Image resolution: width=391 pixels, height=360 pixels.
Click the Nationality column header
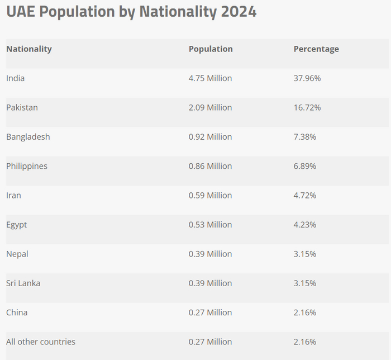[x=29, y=49]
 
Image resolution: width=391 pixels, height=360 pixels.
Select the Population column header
[x=211, y=49]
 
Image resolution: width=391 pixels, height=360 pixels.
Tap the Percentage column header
[x=316, y=49]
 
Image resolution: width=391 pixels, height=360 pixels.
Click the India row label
[x=16, y=78]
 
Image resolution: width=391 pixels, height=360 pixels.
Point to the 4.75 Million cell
[x=210, y=78]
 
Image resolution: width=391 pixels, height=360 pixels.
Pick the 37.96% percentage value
[x=307, y=78]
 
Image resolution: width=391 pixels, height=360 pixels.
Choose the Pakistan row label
[x=22, y=107]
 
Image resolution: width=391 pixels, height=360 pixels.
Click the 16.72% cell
[x=307, y=107]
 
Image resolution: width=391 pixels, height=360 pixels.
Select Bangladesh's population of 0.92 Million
[x=210, y=136]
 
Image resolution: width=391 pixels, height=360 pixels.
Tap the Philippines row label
[x=27, y=166]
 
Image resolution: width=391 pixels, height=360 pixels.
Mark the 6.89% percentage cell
[x=305, y=166]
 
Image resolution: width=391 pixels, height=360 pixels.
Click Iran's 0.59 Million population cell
[x=210, y=195]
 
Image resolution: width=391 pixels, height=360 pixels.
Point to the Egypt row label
[x=17, y=225]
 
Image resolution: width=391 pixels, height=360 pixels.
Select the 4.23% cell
[x=305, y=225]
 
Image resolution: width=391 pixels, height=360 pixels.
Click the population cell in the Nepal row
[x=210, y=254]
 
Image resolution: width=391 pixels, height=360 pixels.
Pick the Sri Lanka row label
[x=23, y=283]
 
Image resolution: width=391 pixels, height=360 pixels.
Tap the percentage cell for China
[x=305, y=312]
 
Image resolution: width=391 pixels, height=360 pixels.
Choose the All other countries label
[x=41, y=342]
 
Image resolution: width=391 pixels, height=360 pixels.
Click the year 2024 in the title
[x=237, y=12]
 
